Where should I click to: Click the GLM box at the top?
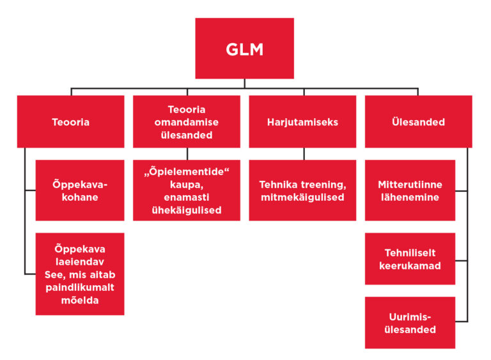pos(244,49)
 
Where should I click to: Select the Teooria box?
pos(70,121)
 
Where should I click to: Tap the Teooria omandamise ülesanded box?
pos(187,121)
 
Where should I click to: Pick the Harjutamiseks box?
pos(302,121)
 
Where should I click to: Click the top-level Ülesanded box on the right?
pos(418,121)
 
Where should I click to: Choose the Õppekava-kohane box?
pos(80,191)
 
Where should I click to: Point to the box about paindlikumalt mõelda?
pos(80,274)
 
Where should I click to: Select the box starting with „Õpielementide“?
pos(187,191)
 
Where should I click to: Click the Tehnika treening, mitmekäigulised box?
pos(302,191)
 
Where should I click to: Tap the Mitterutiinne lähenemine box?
pos(410,191)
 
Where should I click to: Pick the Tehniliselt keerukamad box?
pos(410,259)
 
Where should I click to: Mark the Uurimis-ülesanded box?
pos(410,323)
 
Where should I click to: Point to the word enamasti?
pos(186,197)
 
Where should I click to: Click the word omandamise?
pos(187,121)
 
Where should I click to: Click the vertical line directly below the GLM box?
pos(244,83)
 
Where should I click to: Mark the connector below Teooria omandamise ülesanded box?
pos(187,153)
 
